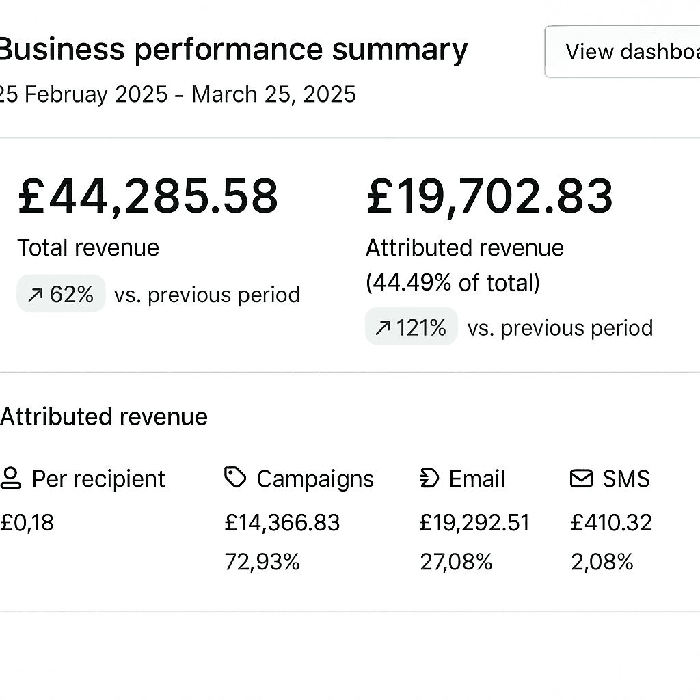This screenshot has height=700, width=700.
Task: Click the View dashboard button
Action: pos(622,52)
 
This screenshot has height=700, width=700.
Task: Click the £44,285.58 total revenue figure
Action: pos(148,196)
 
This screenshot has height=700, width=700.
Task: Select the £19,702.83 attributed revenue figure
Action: pos(489,196)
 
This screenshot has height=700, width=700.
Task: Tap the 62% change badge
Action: pos(61,294)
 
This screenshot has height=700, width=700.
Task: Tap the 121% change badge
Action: pos(411,326)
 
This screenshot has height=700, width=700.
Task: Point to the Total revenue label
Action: pos(88,247)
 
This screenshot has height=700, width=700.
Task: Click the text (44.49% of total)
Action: pos(453,283)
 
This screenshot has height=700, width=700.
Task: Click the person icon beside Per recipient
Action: pos(11,478)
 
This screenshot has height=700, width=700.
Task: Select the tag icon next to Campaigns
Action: pos(235,477)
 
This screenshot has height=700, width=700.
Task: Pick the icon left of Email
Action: pos(429,478)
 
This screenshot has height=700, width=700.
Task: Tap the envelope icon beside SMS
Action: pos(581,479)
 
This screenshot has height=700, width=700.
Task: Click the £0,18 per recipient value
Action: pos(27,523)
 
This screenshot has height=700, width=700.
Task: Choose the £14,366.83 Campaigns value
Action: pos(282,523)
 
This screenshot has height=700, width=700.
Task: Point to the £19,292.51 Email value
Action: pos(474,523)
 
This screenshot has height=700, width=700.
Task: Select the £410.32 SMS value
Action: pos(611,523)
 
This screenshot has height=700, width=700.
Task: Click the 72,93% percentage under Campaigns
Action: pos(262,562)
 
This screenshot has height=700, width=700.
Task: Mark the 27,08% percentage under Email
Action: pos(456,562)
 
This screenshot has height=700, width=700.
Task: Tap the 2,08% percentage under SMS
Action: pos(602,562)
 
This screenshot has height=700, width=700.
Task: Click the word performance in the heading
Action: pos(228,50)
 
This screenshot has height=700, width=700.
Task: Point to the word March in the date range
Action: pos(224,94)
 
